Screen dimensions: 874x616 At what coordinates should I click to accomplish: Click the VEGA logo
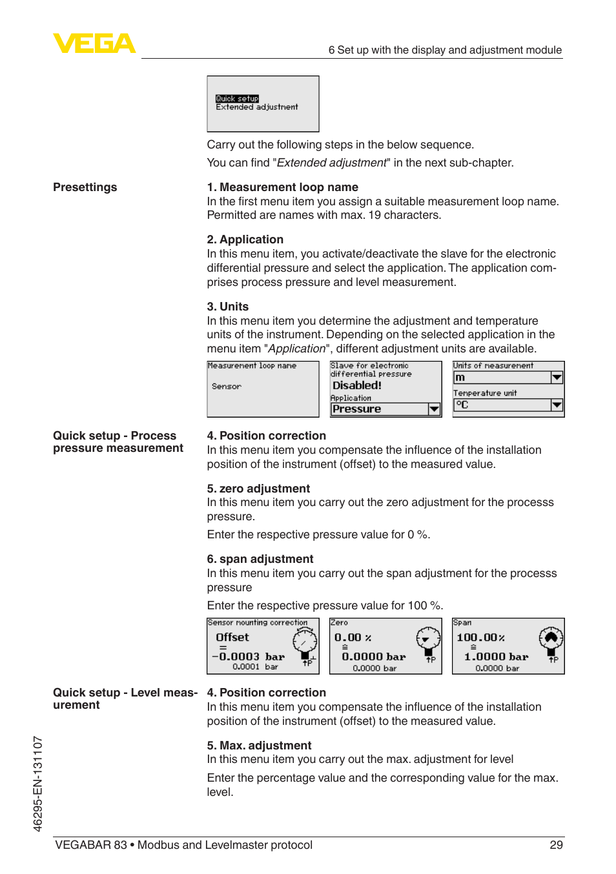(94, 43)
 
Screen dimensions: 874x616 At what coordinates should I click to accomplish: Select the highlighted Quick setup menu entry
(237, 99)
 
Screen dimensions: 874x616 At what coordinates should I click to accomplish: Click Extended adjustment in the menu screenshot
(257, 107)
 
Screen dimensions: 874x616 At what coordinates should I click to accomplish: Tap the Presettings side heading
(85, 187)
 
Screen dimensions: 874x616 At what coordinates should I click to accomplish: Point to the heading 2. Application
(245, 239)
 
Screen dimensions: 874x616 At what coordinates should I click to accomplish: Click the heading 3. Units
(228, 307)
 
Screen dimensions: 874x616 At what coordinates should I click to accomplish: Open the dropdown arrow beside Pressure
(434, 409)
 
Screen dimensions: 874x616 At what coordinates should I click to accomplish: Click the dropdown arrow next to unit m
(557, 378)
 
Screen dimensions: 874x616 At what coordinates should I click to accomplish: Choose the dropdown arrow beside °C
(557, 405)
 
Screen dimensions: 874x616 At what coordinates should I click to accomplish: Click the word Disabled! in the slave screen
(357, 385)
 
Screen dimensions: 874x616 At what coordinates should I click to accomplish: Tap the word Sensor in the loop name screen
(227, 387)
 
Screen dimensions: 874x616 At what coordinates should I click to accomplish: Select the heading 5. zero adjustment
(258, 489)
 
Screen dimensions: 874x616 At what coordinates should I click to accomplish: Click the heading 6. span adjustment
(260, 559)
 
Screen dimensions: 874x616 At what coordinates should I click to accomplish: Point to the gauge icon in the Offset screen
(305, 642)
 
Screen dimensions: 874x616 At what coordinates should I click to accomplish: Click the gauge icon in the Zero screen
(427, 639)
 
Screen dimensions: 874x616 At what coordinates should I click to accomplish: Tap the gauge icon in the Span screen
(551, 639)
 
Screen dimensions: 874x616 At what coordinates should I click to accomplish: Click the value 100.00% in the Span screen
(480, 638)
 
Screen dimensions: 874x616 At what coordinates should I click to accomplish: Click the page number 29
(556, 845)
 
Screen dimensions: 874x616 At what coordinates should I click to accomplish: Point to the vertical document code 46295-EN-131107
(38, 784)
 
